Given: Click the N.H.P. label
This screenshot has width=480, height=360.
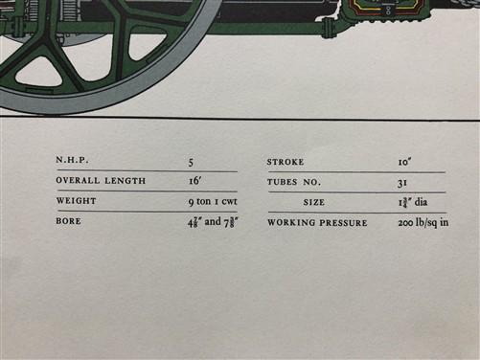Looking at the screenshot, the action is tap(72, 160).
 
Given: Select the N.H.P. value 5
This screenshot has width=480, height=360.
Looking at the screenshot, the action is tap(191, 163).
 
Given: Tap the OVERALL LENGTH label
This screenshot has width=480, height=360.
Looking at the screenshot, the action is tap(101, 180).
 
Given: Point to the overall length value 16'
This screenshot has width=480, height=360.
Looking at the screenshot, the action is tap(194, 181).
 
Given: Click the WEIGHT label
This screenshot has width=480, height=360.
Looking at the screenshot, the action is tap(76, 201).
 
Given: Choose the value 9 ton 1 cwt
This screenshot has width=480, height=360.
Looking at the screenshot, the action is tap(213, 201).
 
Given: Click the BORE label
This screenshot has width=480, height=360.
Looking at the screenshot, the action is tap(68, 221).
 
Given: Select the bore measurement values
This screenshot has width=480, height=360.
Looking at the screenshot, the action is tap(213, 222).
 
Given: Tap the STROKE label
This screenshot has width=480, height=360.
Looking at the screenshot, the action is tap(286, 162).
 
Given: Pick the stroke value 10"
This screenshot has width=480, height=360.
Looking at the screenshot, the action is tap(404, 162).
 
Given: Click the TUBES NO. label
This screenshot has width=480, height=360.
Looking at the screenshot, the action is tap(294, 182).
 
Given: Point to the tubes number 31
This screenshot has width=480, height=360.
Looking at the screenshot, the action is tap(402, 183).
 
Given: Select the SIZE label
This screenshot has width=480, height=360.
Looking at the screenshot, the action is tap(314, 202).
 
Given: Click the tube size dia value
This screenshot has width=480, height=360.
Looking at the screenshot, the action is tap(413, 202).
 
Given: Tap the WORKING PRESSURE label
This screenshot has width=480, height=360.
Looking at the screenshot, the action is tap(317, 222).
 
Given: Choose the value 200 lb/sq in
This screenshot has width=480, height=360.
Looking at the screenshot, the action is tap(423, 222).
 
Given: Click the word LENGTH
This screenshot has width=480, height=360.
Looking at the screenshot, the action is tap(126, 181).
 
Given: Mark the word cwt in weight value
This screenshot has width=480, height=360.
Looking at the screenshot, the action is tap(230, 202).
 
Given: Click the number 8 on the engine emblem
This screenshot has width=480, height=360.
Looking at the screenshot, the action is tap(388, 10).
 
